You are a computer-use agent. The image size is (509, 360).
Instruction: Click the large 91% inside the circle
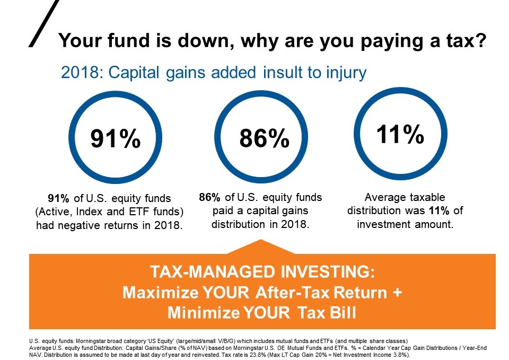(115, 138)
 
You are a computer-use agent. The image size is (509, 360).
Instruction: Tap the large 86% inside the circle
(264, 138)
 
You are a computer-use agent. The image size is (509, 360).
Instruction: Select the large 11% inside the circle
(400, 134)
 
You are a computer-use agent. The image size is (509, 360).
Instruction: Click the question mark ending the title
(480, 40)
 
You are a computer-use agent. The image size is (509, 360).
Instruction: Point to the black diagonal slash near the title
(44, 23)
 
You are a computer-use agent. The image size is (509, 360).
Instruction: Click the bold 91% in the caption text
(58, 198)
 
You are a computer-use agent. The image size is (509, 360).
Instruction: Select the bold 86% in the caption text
(210, 197)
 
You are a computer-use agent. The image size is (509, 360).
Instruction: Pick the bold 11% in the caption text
(439, 210)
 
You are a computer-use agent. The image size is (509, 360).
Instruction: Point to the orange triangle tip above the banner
(261, 240)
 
